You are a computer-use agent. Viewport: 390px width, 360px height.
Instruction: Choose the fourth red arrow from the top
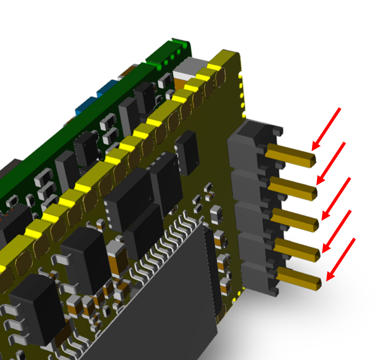coord(338,231)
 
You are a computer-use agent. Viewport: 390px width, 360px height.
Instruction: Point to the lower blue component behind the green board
coord(85,106)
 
